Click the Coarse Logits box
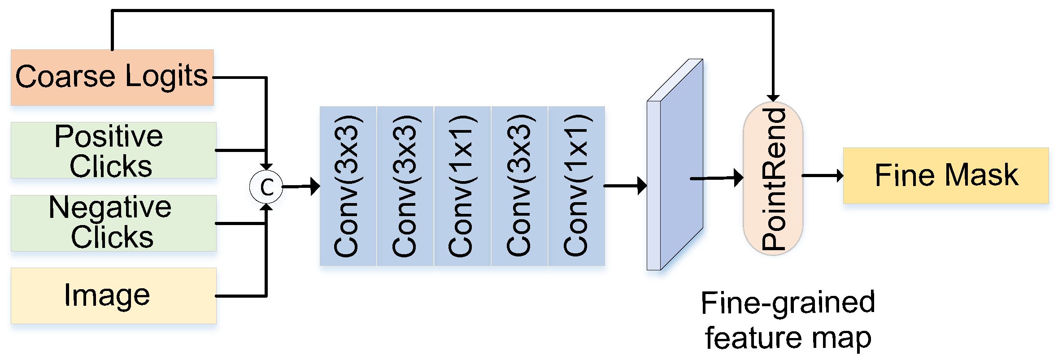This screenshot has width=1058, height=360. pos(112,78)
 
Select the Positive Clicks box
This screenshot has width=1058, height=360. pos(113,150)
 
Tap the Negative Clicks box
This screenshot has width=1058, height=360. pos(113,223)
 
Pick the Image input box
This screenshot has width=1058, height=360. pos(113,296)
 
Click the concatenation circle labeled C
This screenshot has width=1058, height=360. pos(266,187)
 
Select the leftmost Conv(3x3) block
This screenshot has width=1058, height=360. pos(348,186)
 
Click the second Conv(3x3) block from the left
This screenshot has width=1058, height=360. pos(405,186)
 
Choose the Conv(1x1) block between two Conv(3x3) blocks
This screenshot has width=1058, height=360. pos(462,186)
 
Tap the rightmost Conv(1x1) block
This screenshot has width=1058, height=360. pos(577,186)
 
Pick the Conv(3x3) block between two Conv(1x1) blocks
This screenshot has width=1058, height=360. pos(519,186)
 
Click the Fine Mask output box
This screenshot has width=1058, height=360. pos(946,175)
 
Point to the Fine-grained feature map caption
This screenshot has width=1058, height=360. pos(788,320)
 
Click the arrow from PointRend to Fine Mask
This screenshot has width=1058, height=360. pos(822,175)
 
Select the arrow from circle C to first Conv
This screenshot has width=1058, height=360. pos(300,186)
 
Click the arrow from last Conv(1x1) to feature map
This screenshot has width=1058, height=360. pos(625,185)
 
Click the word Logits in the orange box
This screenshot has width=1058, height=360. pos(166,77)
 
